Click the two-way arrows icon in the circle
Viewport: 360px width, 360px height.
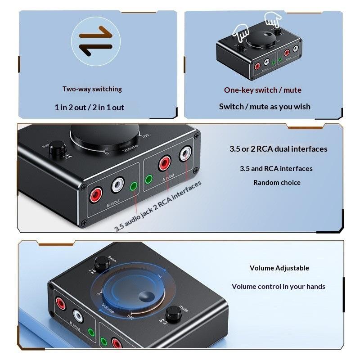pos(96,39)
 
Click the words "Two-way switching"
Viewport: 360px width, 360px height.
pos(92,89)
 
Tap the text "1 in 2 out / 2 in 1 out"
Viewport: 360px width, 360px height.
pos(89,108)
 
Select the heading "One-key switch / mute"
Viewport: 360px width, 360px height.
pos(263,90)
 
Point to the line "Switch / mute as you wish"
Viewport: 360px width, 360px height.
pos(265,107)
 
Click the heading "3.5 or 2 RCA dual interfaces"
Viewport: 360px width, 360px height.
pos(279,149)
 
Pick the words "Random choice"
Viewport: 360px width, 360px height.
pos(277,183)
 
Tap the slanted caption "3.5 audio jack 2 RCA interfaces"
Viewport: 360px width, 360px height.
pos(157,206)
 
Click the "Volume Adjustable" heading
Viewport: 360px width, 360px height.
pos(279,268)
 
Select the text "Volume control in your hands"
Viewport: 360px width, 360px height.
pos(279,287)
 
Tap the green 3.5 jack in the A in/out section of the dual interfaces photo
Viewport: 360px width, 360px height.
pos(149,180)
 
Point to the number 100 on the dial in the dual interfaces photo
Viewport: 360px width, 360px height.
pos(145,135)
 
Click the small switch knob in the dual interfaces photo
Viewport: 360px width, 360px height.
pos(57,149)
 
